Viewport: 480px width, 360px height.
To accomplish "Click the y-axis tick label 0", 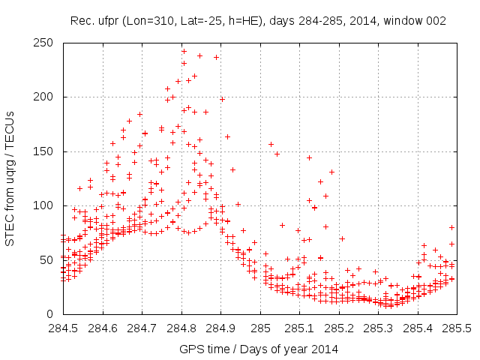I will pyautogui.click(x=52, y=314).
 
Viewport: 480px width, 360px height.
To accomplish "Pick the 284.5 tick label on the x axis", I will pyautogui.click(x=63, y=328).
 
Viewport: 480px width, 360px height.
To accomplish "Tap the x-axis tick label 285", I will pyautogui.click(x=260, y=328).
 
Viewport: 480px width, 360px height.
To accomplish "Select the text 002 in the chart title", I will pyautogui.click(x=436, y=21).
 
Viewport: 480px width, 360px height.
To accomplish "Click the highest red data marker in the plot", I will pyautogui.click(x=184, y=52).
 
